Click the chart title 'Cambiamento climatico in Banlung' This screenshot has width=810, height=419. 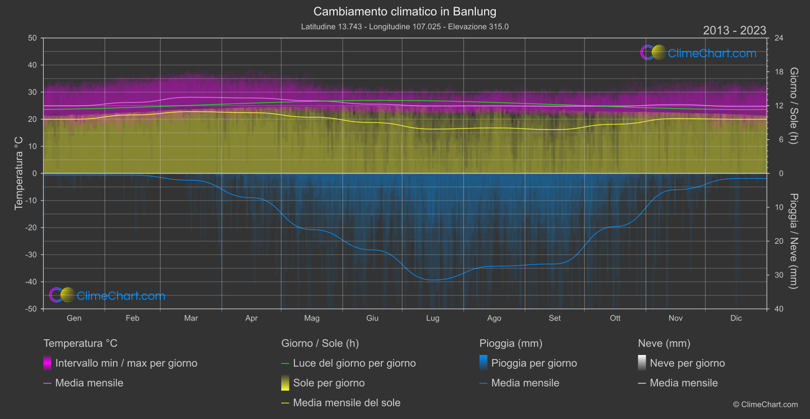point(405,12)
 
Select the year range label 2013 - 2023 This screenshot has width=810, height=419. point(734,30)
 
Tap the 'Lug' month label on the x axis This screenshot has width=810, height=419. point(433,318)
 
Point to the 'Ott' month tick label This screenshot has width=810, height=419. point(615,318)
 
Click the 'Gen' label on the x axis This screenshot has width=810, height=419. point(74,318)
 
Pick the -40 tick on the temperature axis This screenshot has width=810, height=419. point(32,282)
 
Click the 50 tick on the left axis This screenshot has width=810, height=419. point(33,38)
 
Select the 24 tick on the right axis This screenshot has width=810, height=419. point(778,38)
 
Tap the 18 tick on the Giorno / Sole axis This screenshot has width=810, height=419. point(778,72)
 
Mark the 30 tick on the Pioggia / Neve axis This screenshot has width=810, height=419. point(778,275)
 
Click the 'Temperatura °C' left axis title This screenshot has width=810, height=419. point(19,173)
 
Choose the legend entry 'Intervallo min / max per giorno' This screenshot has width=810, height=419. point(126,363)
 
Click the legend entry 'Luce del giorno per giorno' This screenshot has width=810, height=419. point(354,363)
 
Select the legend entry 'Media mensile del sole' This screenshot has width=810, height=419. point(347,403)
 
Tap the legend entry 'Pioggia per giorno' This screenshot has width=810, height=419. point(534,363)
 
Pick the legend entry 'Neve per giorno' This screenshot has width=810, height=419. point(687,363)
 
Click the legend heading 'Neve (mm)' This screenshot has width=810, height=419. point(664,343)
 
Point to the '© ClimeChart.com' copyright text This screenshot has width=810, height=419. point(765,405)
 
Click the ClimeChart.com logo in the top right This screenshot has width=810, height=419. point(699,53)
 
